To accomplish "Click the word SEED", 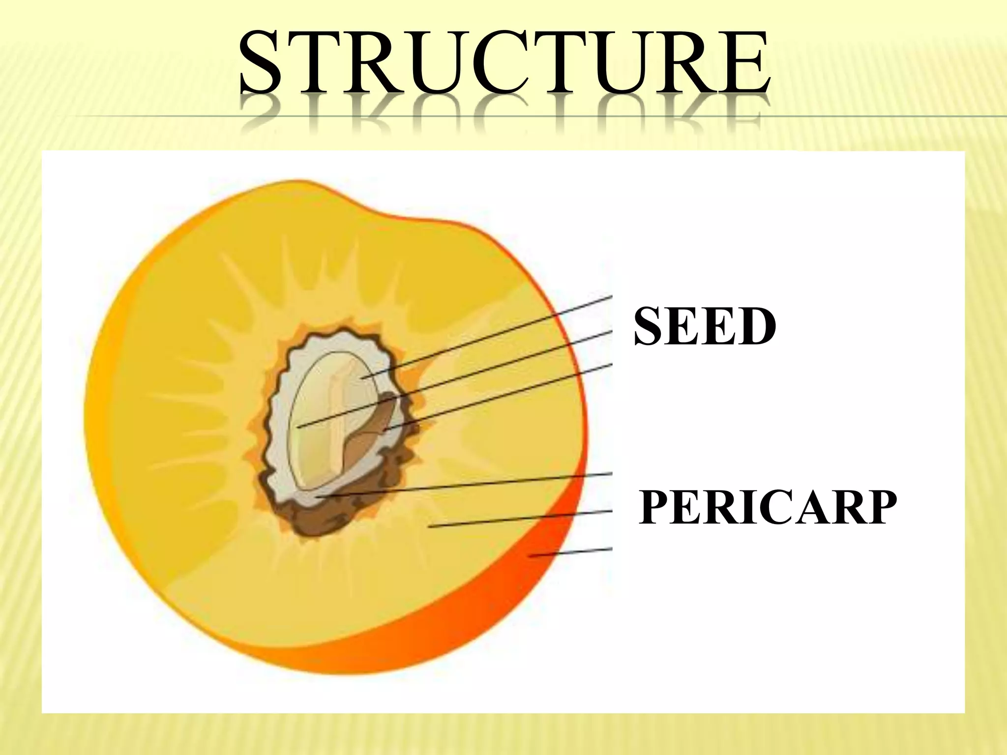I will pos(705,326).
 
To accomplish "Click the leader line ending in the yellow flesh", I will pos(521,519).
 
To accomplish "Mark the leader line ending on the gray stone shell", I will pos(467,485).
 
